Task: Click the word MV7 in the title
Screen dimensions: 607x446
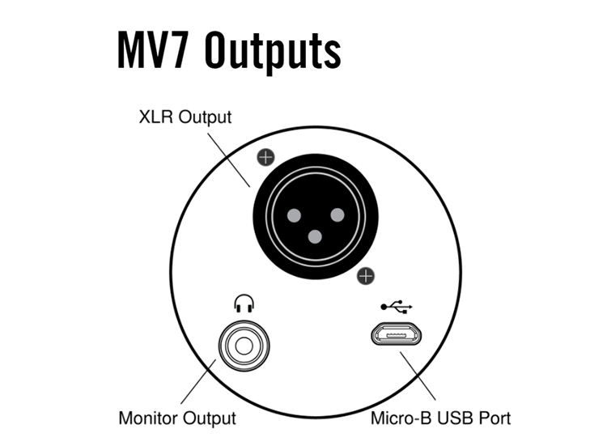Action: click(153, 50)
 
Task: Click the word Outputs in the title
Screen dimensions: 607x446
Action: click(273, 52)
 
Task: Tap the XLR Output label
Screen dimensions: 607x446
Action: click(185, 117)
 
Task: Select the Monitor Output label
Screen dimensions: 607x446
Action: click(177, 418)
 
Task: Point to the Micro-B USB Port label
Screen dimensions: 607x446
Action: click(440, 418)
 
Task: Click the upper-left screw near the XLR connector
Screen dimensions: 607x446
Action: click(265, 158)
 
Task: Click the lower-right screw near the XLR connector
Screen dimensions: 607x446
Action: click(366, 276)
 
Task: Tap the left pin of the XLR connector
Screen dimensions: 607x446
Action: click(294, 215)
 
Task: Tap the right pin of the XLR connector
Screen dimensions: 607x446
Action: click(337, 215)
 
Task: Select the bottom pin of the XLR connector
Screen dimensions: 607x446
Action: click(315, 236)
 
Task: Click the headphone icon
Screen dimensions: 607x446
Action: click(244, 304)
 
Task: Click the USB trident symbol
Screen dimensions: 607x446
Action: click(397, 307)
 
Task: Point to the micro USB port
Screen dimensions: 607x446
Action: click(396, 333)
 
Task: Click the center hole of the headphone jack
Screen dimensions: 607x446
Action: click(244, 346)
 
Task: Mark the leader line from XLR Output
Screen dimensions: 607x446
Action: click(229, 160)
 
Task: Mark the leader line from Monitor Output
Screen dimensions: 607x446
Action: click(198, 382)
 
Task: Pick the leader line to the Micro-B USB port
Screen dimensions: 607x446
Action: click(418, 376)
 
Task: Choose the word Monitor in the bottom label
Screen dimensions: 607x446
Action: click(148, 418)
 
